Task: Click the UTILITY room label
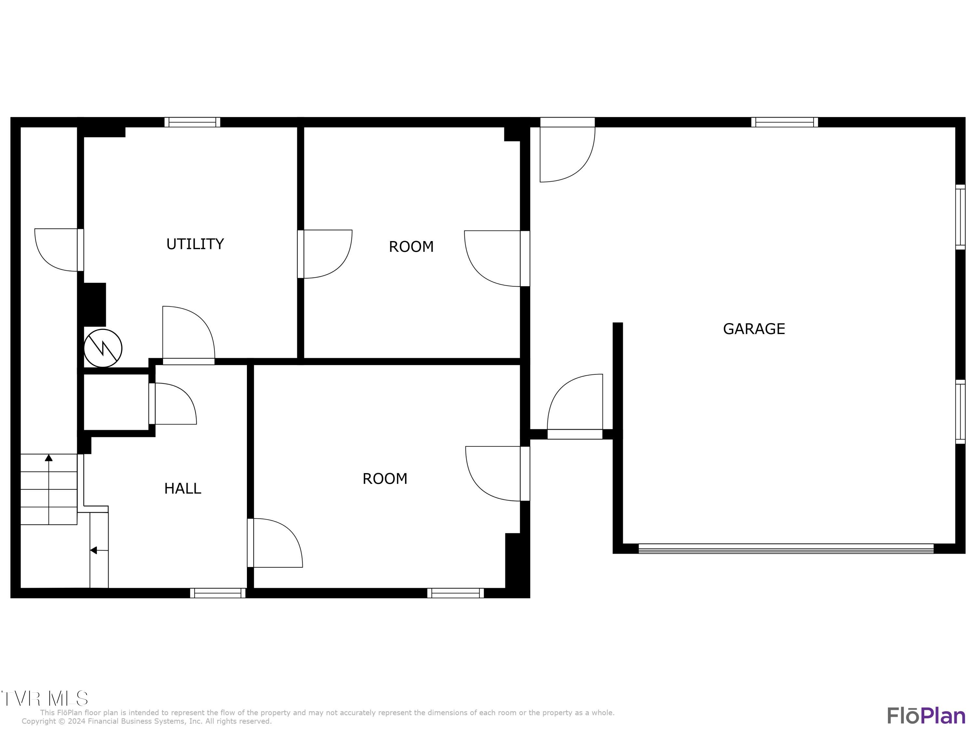[x=195, y=244]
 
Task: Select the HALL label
[x=183, y=488]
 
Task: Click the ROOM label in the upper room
[x=411, y=247]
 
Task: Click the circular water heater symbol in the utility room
[x=103, y=348]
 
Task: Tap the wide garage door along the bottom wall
[x=786, y=549]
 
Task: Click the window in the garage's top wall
[x=784, y=122]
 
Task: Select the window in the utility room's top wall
[x=192, y=122]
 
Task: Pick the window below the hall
[x=218, y=593]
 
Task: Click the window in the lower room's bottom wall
[x=455, y=593]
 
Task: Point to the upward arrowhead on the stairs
[x=48, y=458]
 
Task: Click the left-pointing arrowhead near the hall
[x=93, y=550]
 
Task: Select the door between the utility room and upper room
[x=324, y=254]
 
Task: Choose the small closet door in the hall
[x=173, y=404]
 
